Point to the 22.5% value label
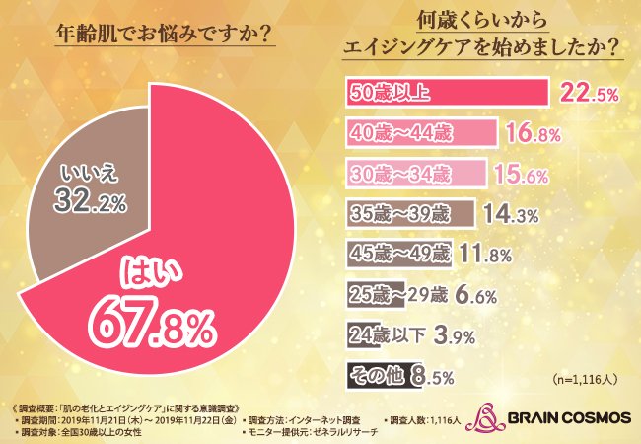(x=588, y=93)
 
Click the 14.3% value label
(x=512, y=212)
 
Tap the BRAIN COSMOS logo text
(x=567, y=417)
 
